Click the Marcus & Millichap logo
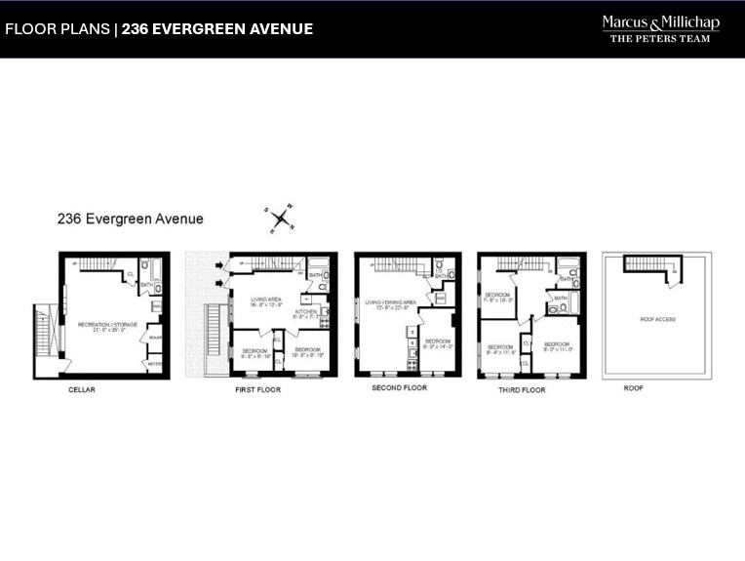pos(660,28)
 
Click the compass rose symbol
pos(281,220)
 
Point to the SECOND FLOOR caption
pos(399,387)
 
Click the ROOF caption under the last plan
pos(634,387)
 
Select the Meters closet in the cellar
pos(154,364)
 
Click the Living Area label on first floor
pos(266,301)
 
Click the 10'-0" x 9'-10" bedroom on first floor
pos(308,352)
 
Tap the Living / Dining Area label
pos(390,304)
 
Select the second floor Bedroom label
pos(438,343)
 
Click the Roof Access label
pos(658,319)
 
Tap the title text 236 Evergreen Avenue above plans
pos(130,220)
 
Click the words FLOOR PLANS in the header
pos(57,29)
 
